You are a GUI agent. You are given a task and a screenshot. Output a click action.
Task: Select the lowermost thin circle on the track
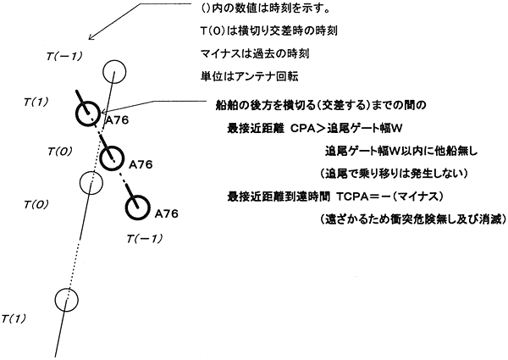[65, 299]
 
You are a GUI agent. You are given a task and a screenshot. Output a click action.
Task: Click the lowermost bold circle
[137, 205]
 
